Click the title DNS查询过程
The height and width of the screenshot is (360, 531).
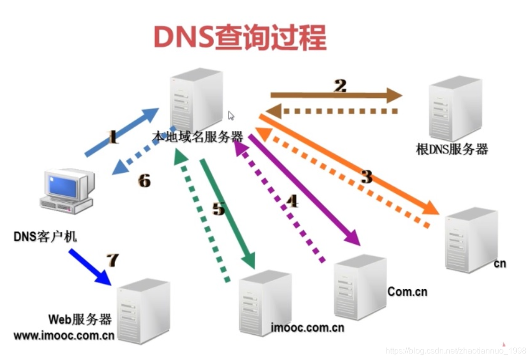(x=240, y=36)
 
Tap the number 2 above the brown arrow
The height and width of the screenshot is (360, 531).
(x=340, y=85)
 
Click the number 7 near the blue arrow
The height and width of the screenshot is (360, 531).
(x=112, y=260)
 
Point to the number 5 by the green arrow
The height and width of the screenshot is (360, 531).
(x=219, y=207)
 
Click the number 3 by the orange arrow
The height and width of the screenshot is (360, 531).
(x=366, y=176)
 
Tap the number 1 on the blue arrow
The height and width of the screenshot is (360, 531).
(x=113, y=137)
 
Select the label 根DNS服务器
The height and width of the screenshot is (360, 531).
(x=452, y=149)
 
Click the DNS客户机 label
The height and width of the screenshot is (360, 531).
(x=45, y=237)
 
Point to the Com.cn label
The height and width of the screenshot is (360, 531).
(x=407, y=292)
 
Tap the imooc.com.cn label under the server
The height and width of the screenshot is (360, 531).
(x=307, y=328)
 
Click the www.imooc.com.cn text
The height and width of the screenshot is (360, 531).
(x=64, y=336)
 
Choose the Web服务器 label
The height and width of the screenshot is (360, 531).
(x=80, y=319)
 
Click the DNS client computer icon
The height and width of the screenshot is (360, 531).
(x=68, y=190)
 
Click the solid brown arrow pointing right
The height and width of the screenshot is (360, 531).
(x=335, y=95)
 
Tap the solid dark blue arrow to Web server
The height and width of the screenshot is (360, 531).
(x=90, y=266)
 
